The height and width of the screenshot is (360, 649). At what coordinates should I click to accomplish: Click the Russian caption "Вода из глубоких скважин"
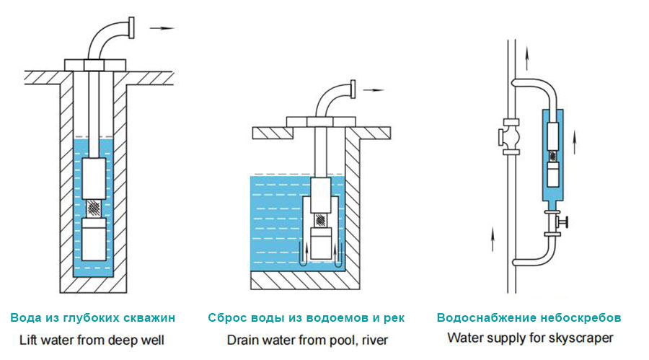click(93, 317)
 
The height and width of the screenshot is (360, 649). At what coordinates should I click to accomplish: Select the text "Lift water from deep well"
click(93, 338)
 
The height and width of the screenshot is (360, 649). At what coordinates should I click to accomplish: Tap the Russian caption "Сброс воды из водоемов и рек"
click(306, 317)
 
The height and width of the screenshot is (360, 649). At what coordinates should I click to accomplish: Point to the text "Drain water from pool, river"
click(306, 338)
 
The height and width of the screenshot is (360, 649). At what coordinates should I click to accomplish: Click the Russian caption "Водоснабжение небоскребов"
click(529, 317)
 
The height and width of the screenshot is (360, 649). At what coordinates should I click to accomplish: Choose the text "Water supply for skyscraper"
click(529, 337)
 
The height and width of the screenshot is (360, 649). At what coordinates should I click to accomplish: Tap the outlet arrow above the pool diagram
click(373, 91)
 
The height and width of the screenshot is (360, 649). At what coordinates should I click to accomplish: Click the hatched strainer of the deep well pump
click(95, 208)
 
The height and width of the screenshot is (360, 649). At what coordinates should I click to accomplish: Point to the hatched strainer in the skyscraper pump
click(552, 156)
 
